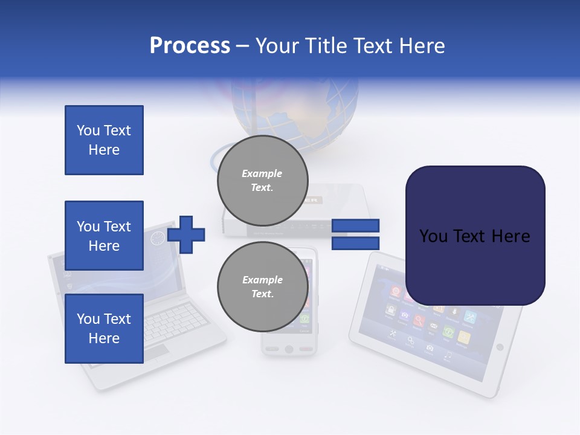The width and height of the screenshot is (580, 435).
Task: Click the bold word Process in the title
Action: point(190,46)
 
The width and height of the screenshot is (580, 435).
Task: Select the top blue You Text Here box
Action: point(104,140)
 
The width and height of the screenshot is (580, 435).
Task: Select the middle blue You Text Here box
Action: point(104,236)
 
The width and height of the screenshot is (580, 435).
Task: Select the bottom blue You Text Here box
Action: point(104,329)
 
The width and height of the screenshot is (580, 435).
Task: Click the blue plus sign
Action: point(186,234)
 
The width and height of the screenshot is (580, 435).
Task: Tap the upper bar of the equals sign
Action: point(355,225)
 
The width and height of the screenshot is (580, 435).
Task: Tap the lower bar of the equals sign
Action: point(355,243)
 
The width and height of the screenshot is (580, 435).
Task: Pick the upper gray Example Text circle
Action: point(262,180)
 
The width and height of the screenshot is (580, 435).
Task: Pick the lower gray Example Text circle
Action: point(262,286)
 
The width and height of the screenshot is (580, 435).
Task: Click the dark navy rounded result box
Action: point(475,236)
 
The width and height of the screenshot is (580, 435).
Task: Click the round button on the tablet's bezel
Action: point(499,347)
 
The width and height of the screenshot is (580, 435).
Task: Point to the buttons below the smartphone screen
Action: point(289,349)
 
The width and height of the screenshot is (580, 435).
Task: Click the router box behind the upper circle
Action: point(344,211)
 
